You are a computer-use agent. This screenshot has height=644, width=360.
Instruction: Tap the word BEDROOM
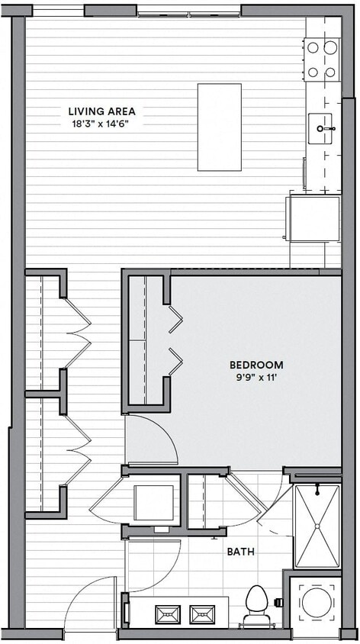(x=256, y=365)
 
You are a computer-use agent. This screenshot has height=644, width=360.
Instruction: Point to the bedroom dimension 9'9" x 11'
(x=256, y=377)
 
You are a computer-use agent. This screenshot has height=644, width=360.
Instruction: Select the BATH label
(x=240, y=551)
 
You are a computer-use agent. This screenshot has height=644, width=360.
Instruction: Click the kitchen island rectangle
(x=219, y=127)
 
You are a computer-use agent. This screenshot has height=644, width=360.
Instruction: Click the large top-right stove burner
(x=330, y=47)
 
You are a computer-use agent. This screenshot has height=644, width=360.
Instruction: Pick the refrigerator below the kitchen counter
(x=313, y=218)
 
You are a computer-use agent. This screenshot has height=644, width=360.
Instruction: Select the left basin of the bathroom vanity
(x=168, y=613)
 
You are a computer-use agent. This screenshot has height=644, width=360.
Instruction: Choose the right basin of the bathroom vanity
(x=204, y=613)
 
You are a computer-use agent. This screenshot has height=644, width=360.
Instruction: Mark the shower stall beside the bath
(x=317, y=526)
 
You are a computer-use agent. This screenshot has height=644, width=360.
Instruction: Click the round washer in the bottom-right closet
(x=315, y=603)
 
